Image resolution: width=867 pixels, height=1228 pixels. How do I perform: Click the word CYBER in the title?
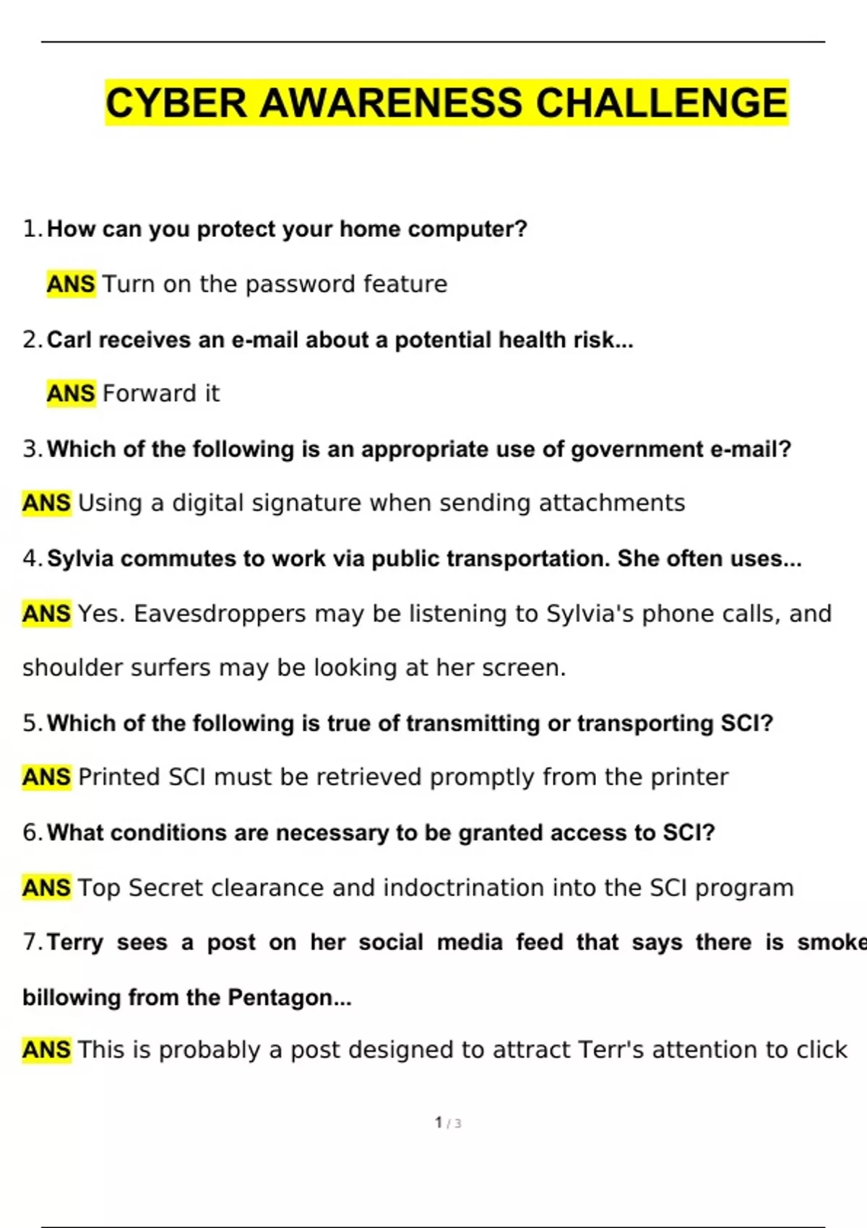177,103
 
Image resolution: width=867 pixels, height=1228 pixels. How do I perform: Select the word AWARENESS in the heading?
390,103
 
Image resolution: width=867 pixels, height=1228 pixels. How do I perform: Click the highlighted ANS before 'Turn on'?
71,284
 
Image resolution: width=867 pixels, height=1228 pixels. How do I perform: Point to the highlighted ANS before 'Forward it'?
71,394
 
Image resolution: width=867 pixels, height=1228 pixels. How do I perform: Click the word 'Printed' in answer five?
119,777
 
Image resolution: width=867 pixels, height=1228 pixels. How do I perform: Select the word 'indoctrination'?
463,888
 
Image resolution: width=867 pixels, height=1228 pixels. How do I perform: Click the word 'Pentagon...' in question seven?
290,998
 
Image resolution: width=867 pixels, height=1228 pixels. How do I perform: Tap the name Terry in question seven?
75,943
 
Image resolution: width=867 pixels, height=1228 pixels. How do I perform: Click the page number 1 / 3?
448,1123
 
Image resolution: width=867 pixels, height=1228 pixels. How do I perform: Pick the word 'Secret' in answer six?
165,888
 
